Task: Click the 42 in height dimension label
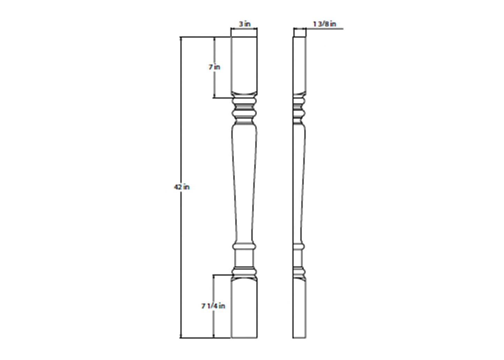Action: point(182,187)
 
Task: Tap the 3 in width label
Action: point(245,24)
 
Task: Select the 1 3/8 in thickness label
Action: point(324,24)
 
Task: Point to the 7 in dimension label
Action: point(215,67)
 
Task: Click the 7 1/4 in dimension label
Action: point(213,306)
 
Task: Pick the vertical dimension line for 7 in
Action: point(214,84)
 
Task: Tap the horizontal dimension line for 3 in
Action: point(244,29)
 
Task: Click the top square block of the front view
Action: point(244,63)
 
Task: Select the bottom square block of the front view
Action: point(244,310)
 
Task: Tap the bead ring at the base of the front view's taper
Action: point(244,247)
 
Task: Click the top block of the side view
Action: point(300,63)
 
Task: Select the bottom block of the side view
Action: point(300,310)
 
